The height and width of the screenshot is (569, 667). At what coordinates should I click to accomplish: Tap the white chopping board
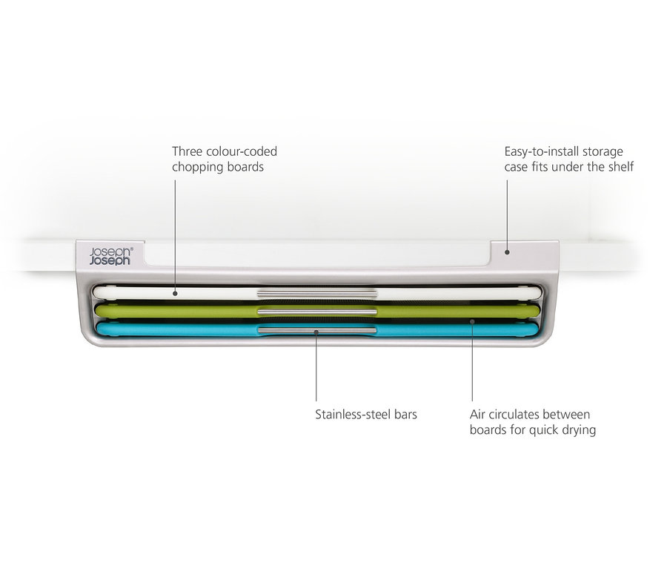[317, 293]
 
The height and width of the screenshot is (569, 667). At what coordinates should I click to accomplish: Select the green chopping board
[317, 311]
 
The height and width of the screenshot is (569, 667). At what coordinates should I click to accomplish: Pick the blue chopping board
[317, 329]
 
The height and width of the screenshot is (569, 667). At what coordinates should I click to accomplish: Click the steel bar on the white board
[317, 293]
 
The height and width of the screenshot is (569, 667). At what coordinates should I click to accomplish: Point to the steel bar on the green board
[317, 312]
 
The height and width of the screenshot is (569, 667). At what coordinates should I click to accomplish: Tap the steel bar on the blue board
[317, 331]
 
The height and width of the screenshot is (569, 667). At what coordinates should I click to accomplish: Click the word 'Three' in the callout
[188, 151]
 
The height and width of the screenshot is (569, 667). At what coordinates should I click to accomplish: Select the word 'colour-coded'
[241, 151]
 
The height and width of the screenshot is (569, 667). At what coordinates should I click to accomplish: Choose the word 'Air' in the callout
[477, 415]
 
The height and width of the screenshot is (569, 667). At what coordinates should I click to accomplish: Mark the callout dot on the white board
[175, 294]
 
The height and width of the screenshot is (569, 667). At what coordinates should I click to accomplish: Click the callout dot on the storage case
[507, 252]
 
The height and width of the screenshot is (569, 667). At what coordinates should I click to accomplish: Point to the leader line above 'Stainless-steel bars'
[316, 366]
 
